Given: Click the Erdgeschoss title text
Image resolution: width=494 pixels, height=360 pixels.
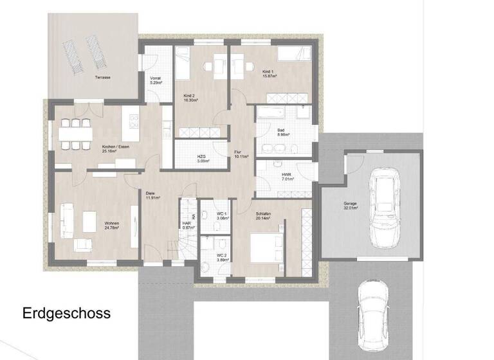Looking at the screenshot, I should pyautogui.click(x=67, y=314).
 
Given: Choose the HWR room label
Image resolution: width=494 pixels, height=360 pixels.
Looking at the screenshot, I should pyautogui.click(x=288, y=176).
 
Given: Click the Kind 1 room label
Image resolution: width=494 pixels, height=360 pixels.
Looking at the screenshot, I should pyautogui.click(x=270, y=74).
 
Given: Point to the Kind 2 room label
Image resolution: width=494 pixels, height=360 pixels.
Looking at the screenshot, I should pyautogui.click(x=190, y=98).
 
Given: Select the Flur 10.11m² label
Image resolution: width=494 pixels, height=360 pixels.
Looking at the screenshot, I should pyautogui.click(x=241, y=154).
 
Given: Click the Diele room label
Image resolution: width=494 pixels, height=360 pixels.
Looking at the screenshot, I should pyautogui.click(x=152, y=195).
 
